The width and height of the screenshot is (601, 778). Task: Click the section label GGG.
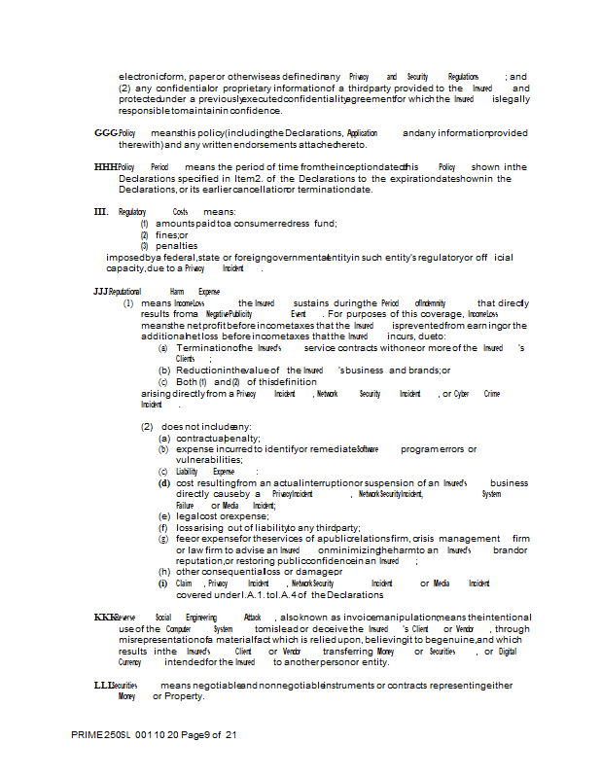104,132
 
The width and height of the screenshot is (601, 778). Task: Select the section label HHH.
105,167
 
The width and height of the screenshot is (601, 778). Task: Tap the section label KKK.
105,618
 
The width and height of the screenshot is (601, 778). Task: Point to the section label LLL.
104,686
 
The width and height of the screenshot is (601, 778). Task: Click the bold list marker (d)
164,482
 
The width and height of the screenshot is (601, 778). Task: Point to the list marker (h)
164,572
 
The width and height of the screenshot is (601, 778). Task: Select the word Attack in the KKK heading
252,618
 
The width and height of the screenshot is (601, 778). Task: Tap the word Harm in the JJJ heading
176,291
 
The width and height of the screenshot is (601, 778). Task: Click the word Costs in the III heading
180,211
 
